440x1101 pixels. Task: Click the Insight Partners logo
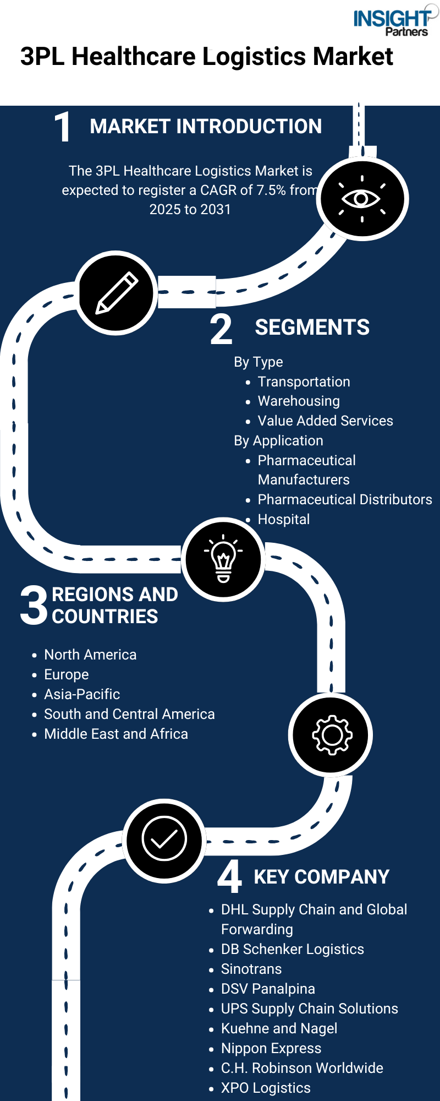[395, 22]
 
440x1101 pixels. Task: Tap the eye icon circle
[362, 199]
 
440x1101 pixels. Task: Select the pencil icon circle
[117, 293]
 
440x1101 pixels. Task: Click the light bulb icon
[223, 558]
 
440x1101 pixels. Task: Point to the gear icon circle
[331, 735]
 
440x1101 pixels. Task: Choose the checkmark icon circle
[164, 841]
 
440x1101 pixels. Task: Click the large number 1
[63, 127]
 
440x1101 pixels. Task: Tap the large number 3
[34, 605]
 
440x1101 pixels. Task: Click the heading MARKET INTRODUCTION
[206, 126]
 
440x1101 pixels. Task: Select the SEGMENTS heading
[312, 327]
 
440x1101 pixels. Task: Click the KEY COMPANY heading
[322, 876]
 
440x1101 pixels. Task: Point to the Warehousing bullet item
[299, 401]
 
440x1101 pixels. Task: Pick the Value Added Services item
[326, 421]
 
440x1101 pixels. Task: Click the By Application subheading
[278, 440]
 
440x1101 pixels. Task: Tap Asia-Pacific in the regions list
[82, 694]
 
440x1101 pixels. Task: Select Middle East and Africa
[116, 734]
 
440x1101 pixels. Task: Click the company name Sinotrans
[251, 969]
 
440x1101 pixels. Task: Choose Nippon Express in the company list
[271, 1048]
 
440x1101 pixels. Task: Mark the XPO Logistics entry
[266, 1088]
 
